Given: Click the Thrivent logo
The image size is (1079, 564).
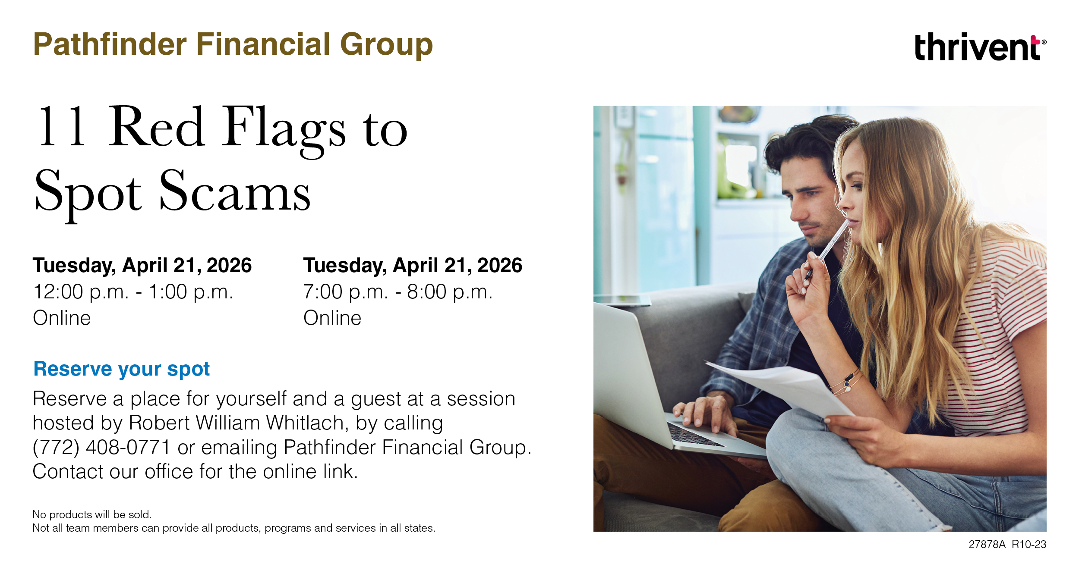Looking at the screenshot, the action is [980, 47].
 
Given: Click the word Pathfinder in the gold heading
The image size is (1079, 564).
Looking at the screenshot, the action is [110, 45].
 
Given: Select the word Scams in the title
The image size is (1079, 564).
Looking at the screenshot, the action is [235, 190].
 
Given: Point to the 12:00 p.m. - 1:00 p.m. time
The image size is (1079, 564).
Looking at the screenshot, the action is [133, 292].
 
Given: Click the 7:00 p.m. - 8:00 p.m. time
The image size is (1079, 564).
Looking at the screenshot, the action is [398, 292].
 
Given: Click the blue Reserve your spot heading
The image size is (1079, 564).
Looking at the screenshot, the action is [121, 369].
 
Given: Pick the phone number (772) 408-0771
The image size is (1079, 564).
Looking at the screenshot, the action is [101, 447].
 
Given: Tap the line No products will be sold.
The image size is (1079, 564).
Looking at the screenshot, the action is [92, 514].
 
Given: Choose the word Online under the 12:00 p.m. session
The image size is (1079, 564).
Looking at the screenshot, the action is [62, 318].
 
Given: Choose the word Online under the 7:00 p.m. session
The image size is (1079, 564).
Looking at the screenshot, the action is [332, 318].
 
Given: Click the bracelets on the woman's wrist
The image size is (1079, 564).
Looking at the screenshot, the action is [846, 383].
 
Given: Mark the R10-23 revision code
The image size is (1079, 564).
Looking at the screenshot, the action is [1029, 544].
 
